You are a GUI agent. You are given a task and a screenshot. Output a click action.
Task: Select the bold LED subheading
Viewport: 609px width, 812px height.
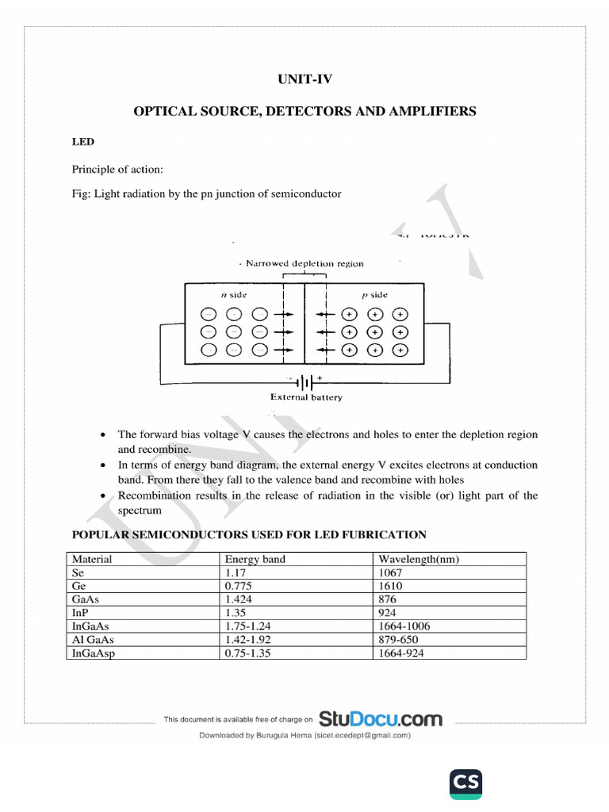82,142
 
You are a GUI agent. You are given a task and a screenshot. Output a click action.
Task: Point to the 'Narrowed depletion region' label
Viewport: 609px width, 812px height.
304,263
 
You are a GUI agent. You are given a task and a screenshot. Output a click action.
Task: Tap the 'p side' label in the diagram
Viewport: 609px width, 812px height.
374,294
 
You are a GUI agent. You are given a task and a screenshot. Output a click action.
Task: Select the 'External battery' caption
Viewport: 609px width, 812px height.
306,397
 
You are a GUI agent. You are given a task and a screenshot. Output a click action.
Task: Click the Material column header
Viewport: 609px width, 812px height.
92,559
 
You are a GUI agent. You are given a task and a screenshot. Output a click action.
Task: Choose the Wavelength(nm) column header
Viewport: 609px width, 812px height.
419,559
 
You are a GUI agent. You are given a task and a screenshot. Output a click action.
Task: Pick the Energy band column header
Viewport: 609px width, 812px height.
255,559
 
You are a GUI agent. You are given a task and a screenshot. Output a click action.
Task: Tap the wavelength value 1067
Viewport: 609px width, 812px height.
391,573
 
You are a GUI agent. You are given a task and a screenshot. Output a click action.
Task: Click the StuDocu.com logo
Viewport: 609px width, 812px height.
380,719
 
